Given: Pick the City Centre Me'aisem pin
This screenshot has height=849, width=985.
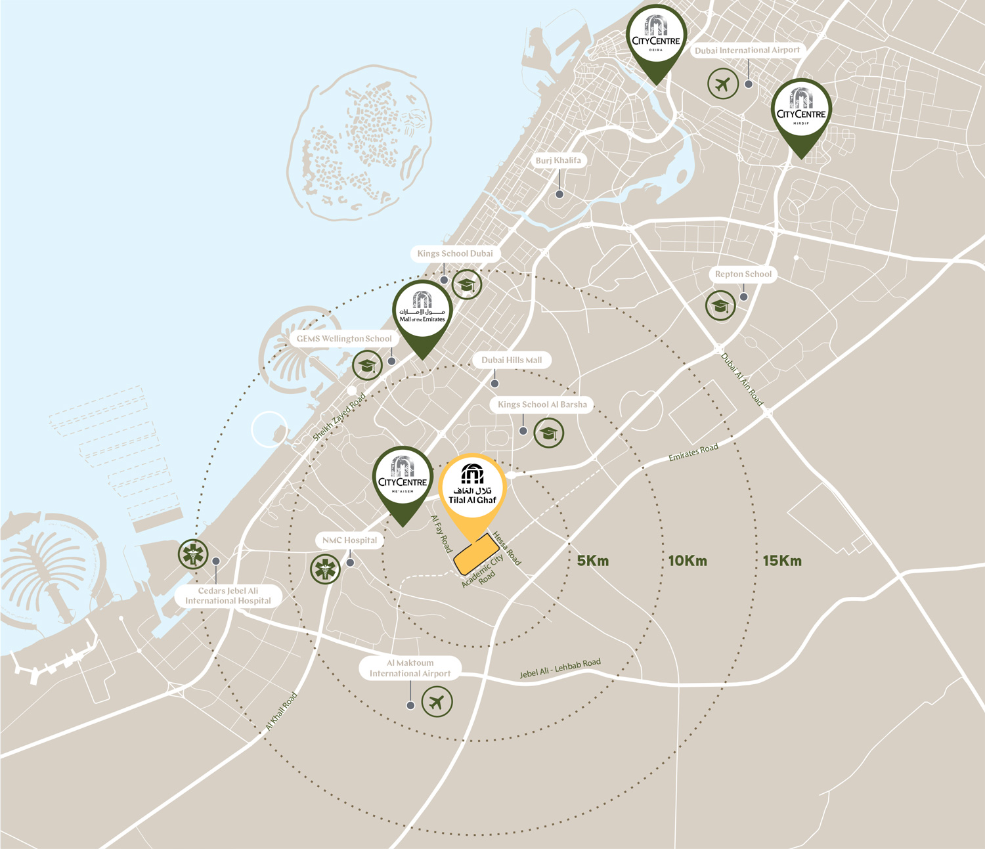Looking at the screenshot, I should point(403,478).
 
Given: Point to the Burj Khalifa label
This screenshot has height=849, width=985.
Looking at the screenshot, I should point(558,160).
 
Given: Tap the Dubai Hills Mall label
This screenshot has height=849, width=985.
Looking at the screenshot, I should point(512,360).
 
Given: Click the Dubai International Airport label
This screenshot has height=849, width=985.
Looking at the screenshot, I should point(747,50).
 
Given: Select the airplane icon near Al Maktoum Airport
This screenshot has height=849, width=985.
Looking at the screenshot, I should point(437,701).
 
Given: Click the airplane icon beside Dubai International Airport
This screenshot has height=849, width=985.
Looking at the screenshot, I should point(723,84).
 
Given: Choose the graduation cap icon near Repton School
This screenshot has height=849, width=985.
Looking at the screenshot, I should point(720,306).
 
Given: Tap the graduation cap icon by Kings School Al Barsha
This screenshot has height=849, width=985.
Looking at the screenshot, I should point(548,433).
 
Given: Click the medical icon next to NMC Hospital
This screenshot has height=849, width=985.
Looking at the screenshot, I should point(325,569).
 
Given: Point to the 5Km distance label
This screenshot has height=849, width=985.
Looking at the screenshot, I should point(593,561).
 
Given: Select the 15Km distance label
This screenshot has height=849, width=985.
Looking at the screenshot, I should point(782,561).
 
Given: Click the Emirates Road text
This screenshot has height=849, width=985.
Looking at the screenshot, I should point(693,452).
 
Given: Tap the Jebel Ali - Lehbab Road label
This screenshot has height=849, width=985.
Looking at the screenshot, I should point(560,668).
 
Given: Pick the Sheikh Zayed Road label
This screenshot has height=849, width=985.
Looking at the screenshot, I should point(339,418).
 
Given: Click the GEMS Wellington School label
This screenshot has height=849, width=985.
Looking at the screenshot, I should point(344,339).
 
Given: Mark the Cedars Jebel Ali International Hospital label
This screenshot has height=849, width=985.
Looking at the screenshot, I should point(228,596).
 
